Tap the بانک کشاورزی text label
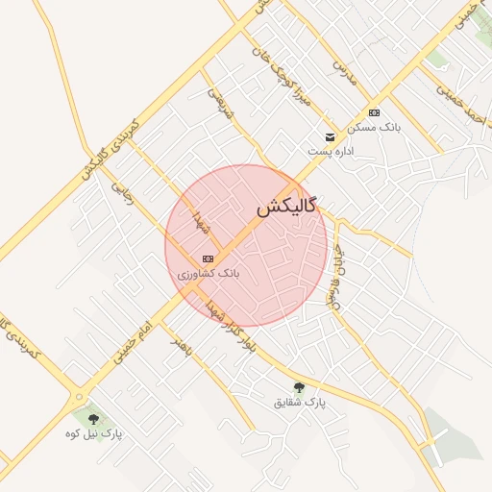point(208,274)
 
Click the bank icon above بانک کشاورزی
point(208,258)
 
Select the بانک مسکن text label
point(375,127)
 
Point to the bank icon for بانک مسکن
point(374,112)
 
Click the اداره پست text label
point(331,152)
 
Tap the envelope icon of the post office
point(331,136)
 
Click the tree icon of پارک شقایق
point(300,388)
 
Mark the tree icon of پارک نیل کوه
point(93,419)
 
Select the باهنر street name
point(183,347)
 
